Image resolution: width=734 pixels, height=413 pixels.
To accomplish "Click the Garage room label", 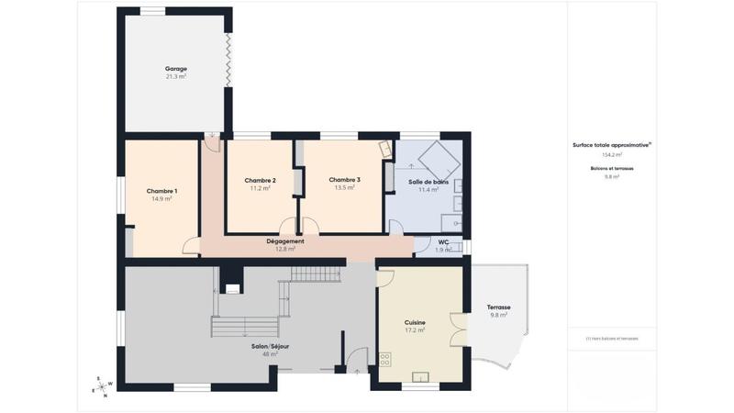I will pos(176,69).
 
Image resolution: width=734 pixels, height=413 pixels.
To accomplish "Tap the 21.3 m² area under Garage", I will pos(176,77).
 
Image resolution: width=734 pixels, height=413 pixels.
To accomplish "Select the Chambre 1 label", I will pos(161,191).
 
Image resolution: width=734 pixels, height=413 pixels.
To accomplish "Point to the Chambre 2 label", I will pos(261,180).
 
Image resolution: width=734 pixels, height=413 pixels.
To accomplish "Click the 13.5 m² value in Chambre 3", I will pos(344,187).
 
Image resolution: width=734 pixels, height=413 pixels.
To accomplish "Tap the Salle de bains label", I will pos(428,182).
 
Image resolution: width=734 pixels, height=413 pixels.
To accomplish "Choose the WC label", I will pos(443,242).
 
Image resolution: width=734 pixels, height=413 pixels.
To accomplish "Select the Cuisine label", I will pos(415,322).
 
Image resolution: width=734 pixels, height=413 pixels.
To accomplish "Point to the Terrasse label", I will pos(499,307).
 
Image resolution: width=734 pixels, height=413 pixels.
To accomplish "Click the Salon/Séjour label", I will pos(271,346).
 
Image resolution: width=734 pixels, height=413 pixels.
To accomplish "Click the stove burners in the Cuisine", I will pos(384,359).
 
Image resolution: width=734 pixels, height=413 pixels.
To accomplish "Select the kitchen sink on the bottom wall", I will pos(421,375).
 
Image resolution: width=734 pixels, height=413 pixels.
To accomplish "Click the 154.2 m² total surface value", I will pos(612,155).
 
